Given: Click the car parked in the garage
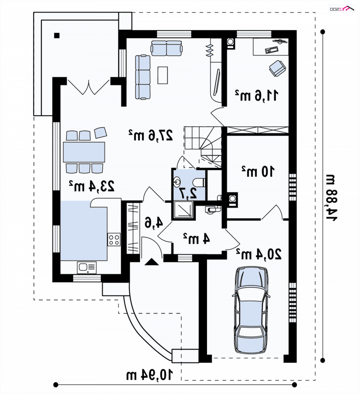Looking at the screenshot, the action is (x=251, y=310).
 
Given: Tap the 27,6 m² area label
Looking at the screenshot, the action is (x=151, y=135).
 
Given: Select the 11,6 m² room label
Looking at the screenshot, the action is (x=256, y=95).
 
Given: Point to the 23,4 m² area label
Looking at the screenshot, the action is (x=92, y=186).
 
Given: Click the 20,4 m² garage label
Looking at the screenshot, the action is (x=259, y=254).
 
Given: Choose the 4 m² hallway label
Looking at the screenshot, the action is (x=196, y=238).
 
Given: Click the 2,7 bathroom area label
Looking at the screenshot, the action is (x=188, y=193).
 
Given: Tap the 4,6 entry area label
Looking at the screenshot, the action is (x=154, y=223).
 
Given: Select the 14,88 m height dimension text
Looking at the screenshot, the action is (x=332, y=198).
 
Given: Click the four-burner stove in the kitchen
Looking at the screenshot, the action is (x=114, y=239).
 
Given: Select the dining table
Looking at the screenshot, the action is (x=84, y=152).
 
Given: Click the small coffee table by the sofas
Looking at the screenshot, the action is (x=162, y=75).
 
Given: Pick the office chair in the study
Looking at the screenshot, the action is (x=278, y=68).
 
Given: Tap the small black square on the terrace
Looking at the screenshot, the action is (x=57, y=36).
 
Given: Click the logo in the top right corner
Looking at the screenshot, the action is (x=342, y=9).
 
